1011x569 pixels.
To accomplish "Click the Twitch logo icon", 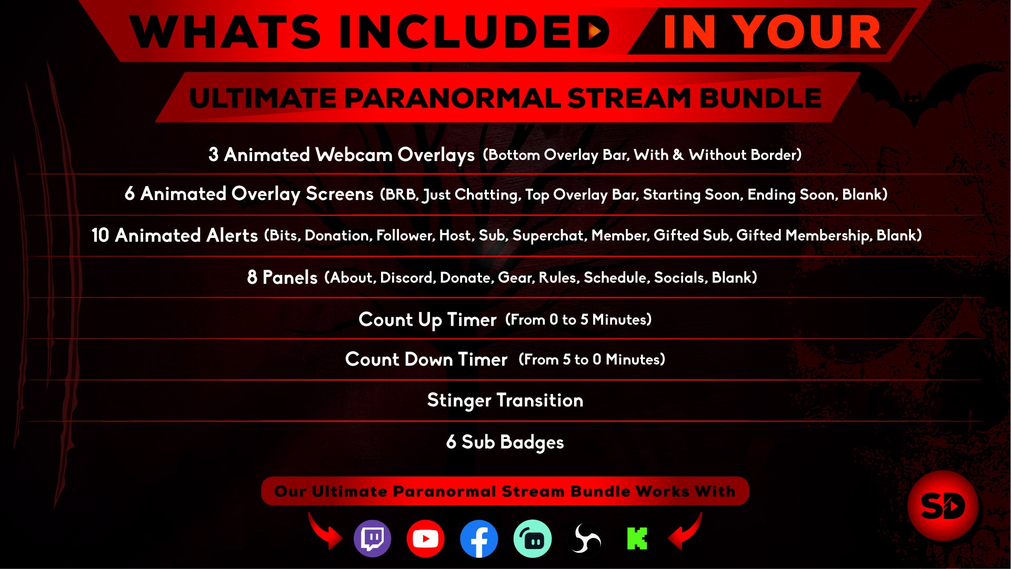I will [373, 538].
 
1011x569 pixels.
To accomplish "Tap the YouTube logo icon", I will [425, 538].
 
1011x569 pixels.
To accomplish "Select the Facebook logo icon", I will [479, 538].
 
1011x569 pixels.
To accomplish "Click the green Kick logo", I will [637, 538].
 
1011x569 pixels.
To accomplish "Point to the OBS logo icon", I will [585, 538].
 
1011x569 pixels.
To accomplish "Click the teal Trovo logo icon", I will [533, 538].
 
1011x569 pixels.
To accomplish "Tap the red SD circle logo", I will [943, 506].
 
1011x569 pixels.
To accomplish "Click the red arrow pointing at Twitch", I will [325, 532].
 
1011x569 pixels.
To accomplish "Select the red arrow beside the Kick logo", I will [686, 532].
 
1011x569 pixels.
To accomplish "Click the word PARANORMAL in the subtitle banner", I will [453, 98].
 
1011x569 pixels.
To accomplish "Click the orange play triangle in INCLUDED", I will [595, 32].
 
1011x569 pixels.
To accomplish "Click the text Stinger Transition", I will [505, 401].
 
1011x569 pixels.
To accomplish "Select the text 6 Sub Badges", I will [505, 442].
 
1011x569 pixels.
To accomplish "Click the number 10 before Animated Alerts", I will [100, 235].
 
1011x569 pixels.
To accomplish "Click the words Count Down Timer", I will [426, 360].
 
